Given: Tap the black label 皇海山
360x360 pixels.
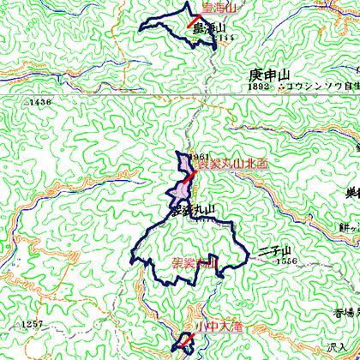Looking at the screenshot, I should (x=208, y=29).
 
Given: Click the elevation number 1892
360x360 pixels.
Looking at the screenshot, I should (x=259, y=87).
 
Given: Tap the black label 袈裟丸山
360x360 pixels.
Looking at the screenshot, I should (x=191, y=208).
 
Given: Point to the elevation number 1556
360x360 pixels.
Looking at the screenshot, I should (x=286, y=261).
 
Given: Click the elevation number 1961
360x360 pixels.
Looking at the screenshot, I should (x=200, y=157).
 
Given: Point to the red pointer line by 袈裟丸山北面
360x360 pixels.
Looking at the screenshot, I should (x=193, y=178).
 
